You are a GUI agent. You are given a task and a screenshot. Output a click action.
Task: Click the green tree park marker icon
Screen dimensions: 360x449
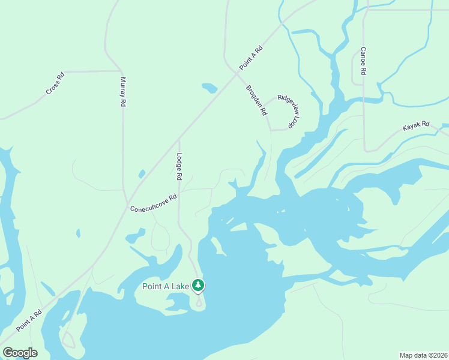coord(198,286)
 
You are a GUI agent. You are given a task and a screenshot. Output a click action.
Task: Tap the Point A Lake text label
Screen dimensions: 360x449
coord(166,286)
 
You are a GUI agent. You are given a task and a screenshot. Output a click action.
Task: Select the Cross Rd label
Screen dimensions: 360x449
coord(55,84)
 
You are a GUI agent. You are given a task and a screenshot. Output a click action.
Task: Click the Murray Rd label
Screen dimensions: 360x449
coord(122,92)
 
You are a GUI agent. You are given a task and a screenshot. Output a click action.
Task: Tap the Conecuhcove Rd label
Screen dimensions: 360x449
coord(154,203)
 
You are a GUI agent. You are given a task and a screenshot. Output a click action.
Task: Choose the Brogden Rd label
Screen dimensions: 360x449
coord(256,100)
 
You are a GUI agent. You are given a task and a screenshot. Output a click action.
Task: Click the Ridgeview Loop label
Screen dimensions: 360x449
coord(289,111)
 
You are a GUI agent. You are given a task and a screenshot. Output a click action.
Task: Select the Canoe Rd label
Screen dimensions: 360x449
coord(363,61)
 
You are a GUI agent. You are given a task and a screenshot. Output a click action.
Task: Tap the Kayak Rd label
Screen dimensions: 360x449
coord(416,127)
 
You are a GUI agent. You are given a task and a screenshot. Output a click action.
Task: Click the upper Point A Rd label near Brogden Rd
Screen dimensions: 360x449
coord(251,56)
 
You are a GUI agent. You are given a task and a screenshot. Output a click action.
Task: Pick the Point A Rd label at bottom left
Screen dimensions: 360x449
coord(29,321)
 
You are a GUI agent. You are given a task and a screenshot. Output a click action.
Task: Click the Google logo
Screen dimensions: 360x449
coord(20,353)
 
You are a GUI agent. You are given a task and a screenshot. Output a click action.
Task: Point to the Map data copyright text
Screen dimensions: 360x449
coord(423,355)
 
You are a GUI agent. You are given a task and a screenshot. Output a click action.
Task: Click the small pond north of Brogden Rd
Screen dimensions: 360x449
coord(209,88)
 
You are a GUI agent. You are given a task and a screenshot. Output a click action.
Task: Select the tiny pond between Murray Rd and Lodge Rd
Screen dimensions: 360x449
coord(142,174)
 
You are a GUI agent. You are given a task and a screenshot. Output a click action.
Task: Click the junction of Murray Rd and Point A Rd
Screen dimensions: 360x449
coord(127,203)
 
